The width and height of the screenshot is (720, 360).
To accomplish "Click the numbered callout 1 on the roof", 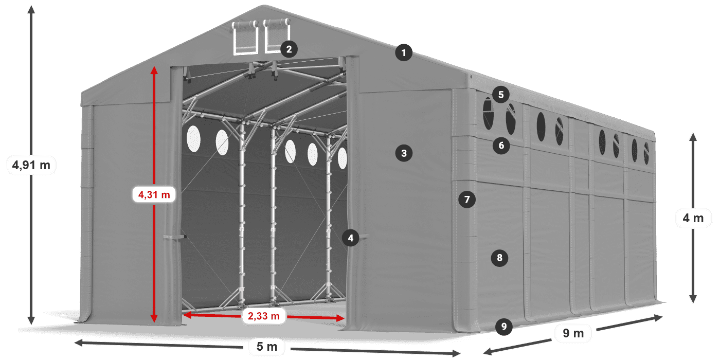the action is [x=404, y=52].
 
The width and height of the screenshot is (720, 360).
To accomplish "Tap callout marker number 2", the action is [x=289, y=49].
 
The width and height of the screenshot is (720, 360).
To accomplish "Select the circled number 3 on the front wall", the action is [x=404, y=153].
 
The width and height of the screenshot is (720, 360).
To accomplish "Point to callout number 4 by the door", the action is [x=350, y=238].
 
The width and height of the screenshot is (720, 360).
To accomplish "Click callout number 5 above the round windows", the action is [x=501, y=95].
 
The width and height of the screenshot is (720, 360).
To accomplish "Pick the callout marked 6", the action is [x=501, y=146].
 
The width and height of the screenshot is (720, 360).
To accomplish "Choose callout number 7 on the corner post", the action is [x=467, y=200].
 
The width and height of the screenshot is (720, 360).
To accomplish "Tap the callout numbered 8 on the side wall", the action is [x=499, y=258].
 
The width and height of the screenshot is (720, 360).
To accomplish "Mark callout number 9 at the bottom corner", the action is [x=503, y=327].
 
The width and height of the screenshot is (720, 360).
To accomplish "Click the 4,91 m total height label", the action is [x=31, y=165].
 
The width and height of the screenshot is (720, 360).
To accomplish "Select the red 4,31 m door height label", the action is [x=154, y=194].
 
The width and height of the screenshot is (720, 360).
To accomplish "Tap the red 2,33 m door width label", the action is [x=263, y=316].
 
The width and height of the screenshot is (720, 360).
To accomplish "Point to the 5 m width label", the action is [x=267, y=347].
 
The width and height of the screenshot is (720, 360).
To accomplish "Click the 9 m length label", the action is [x=573, y=333].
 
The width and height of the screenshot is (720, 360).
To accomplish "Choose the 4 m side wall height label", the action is [x=693, y=218].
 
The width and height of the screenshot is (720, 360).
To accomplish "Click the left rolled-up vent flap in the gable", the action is [x=245, y=37].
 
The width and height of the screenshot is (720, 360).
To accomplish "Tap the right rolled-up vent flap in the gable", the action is [x=277, y=35].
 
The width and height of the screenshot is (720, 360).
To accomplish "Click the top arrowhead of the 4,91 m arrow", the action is [x=31, y=10].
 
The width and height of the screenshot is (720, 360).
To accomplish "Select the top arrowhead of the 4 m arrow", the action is [x=693, y=137].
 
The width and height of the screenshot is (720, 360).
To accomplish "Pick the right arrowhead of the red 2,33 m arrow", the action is [x=340, y=318].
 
